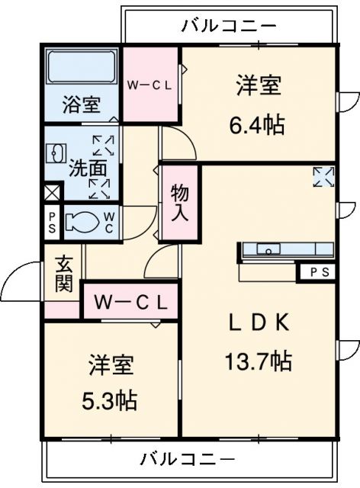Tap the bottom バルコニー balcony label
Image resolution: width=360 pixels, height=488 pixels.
point(187,459)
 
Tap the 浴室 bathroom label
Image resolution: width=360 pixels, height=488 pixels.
point(81,104)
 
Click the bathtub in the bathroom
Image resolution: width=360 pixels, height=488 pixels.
point(82,69)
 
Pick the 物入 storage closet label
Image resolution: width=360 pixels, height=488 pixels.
point(179,201)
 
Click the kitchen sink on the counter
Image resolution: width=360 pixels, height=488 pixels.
point(269,249)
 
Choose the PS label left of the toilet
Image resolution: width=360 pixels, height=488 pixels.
point(52,223)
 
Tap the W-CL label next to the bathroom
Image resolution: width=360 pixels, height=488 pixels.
point(150,85)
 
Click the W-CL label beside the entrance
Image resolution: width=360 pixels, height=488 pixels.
point(130,302)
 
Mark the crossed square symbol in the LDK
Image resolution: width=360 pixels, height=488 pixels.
point(323,176)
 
